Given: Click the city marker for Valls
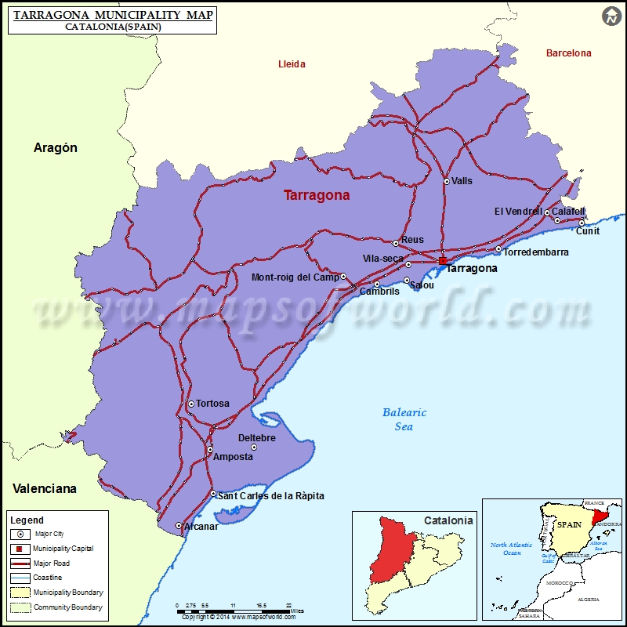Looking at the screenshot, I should [447, 181].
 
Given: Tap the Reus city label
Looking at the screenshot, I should [412, 240].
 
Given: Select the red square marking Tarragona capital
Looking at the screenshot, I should [443, 261].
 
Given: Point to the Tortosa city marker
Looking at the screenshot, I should [190, 404].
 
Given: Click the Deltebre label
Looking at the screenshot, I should [257, 438].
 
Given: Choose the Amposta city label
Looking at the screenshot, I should [234, 457].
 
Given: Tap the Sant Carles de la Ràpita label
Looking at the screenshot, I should [270, 496].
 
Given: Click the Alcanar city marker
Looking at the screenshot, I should [179, 526].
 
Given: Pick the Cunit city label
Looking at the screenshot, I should [588, 231].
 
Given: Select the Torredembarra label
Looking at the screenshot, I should [536, 252].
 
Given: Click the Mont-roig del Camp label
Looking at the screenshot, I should [295, 277].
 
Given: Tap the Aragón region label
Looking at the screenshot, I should [56, 147].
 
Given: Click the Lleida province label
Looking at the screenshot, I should [292, 64].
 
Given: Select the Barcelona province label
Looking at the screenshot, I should [569, 53].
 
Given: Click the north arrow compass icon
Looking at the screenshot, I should [611, 16].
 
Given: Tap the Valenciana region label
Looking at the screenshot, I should [45, 488].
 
